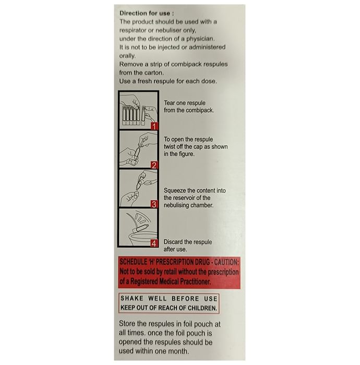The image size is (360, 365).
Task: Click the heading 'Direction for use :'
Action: click(147, 13)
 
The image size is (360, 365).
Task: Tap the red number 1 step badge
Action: click(154, 126)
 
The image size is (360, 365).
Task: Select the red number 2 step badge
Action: click(154, 165)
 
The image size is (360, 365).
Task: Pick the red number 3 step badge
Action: click(154, 204)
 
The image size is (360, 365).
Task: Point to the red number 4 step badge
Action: click(154, 244)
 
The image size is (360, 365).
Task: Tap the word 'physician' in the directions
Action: click(200, 39)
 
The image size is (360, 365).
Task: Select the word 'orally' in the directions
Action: click(127, 56)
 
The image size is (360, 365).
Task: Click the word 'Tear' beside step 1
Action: click(169, 103)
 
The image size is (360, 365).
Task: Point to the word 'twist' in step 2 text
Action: click(170, 147)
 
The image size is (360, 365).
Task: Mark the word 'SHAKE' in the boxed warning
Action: click(132, 298)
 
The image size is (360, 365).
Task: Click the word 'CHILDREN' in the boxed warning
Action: click(202, 308)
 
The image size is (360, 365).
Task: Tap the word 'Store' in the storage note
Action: click(127, 324)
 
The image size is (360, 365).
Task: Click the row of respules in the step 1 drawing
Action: click(130, 115)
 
